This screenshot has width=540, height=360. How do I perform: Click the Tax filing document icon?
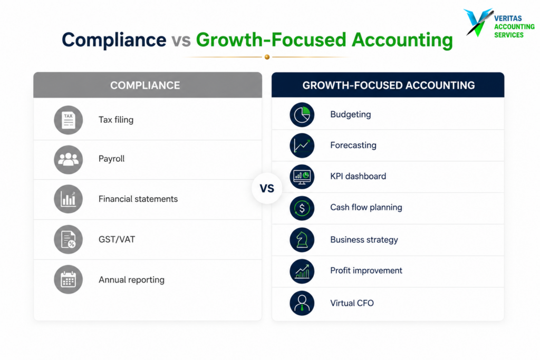point(68,120)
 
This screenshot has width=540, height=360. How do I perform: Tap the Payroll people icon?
point(68,159)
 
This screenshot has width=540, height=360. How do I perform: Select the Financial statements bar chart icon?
point(68,199)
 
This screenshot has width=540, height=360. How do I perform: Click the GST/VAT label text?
point(117,239)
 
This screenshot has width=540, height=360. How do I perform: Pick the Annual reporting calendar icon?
point(68,279)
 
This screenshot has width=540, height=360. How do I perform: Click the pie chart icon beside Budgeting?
point(302,114)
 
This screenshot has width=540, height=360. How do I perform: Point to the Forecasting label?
point(353,145)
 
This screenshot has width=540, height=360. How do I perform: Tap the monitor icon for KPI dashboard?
point(302,177)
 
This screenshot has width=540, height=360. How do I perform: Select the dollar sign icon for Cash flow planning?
point(302,208)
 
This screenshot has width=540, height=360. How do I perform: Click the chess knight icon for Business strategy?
point(302,239)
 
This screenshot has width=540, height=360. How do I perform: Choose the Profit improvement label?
point(366,270)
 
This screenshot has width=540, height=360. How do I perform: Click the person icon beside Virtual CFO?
point(302,303)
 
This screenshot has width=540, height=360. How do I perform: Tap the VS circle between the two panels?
point(267,188)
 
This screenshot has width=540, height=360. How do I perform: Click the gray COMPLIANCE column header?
point(148,85)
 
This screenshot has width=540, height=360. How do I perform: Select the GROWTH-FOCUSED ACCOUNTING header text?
point(389,85)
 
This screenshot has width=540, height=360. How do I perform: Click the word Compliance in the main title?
point(114,40)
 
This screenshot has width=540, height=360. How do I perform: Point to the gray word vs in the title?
point(181,41)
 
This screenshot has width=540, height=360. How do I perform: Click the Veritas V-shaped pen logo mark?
point(478,22)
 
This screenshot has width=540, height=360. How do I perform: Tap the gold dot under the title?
point(267,57)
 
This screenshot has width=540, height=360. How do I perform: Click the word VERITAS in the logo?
point(508,18)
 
